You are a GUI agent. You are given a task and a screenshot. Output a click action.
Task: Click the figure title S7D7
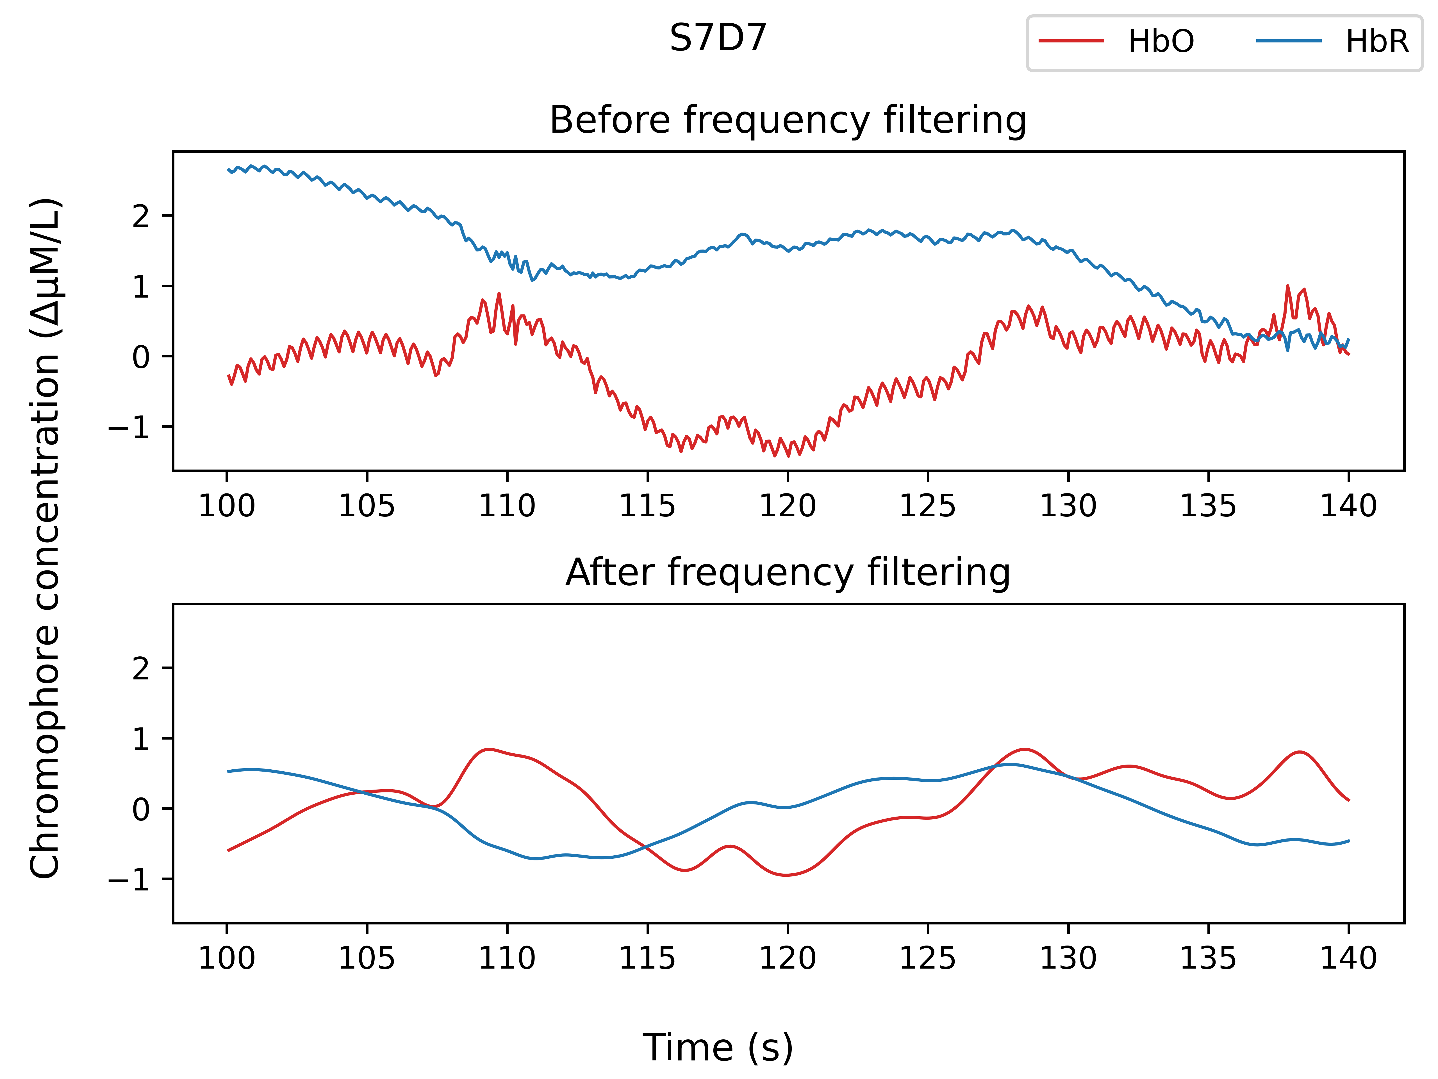(718, 38)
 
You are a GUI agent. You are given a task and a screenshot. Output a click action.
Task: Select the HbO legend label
(1161, 42)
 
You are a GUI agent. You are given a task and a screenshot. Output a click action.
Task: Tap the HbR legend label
(1377, 42)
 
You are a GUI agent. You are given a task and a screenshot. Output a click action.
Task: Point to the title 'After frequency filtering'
(788, 573)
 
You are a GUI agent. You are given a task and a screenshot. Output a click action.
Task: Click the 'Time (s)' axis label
(718, 1048)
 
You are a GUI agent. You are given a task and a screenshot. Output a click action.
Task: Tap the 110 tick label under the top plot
(507, 505)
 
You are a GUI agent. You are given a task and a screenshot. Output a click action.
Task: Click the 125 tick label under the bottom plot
(928, 958)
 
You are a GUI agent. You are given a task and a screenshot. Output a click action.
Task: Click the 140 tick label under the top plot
(1348, 505)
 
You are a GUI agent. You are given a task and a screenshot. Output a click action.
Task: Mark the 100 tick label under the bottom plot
(227, 958)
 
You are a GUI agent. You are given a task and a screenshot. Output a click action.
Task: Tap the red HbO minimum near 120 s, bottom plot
(787, 875)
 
